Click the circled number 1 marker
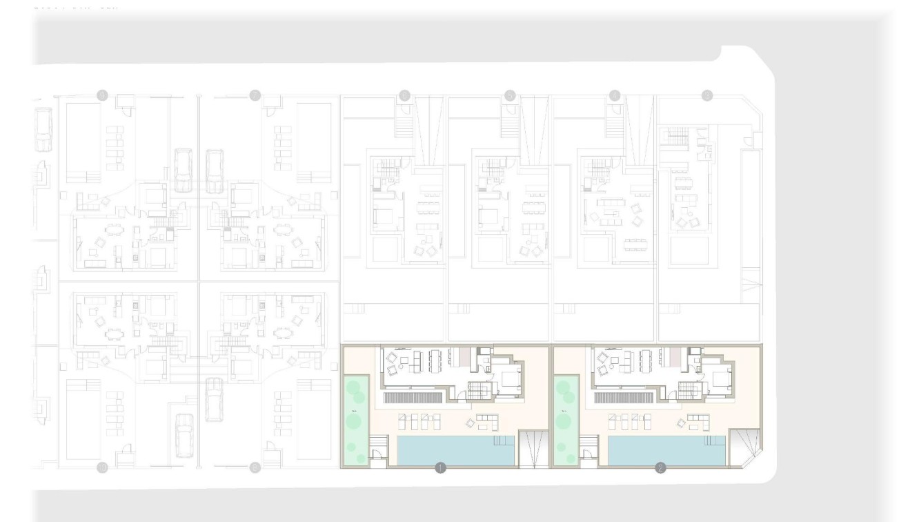pos(441,468)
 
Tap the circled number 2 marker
pos(660,468)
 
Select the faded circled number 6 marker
pos(404,95)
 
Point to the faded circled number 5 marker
pos(510,95)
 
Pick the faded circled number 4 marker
pos(615,95)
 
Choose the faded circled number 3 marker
pos(706,95)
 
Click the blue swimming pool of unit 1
pos(455,450)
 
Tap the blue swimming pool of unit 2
pos(666,450)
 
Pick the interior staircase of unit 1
pos(480,390)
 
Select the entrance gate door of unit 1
pos(377,455)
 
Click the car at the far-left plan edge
pos(43,131)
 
